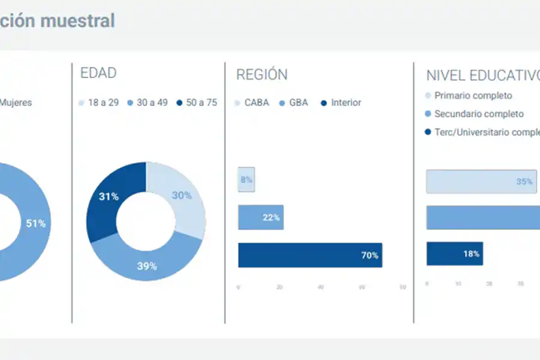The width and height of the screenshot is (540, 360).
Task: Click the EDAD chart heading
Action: pyautogui.click(x=98, y=73)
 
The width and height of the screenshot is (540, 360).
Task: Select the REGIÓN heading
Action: pyautogui.click(x=262, y=74)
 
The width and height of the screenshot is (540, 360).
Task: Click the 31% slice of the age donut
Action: pyautogui.click(x=108, y=196)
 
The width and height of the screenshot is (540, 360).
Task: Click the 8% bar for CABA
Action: pyautogui.click(x=246, y=179)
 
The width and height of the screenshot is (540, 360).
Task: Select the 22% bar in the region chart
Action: pyautogui.click(x=260, y=217)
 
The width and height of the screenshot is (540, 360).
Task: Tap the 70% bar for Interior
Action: pyautogui.click(x=310, y=255)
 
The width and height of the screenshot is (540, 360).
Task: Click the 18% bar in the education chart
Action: pyautogui.click(x=454, y=254)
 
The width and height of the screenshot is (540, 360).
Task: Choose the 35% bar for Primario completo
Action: pyautogui.click(x=481, y=181)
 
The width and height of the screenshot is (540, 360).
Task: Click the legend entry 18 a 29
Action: pyautogui.click(x=99, y=103)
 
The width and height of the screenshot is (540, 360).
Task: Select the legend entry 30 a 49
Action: pyautogui.click(x=148, y=103)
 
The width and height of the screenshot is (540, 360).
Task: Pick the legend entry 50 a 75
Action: pyautogui.click(x=197, y=103)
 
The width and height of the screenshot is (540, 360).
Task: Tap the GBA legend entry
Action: pyautogui.click(x=294, y=103)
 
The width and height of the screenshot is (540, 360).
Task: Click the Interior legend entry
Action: pyautogui.click(x=341, y=103)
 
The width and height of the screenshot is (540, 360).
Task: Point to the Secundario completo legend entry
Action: pyautogui.click(x=474, y=114)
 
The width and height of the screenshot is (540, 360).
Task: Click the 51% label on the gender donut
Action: pyautogui.click(x=35, y=223)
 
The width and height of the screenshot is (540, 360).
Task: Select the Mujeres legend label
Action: pyautogui.click(x=16, y=103)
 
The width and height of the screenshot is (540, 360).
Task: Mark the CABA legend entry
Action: pyautogui.click(x=252, y=103)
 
